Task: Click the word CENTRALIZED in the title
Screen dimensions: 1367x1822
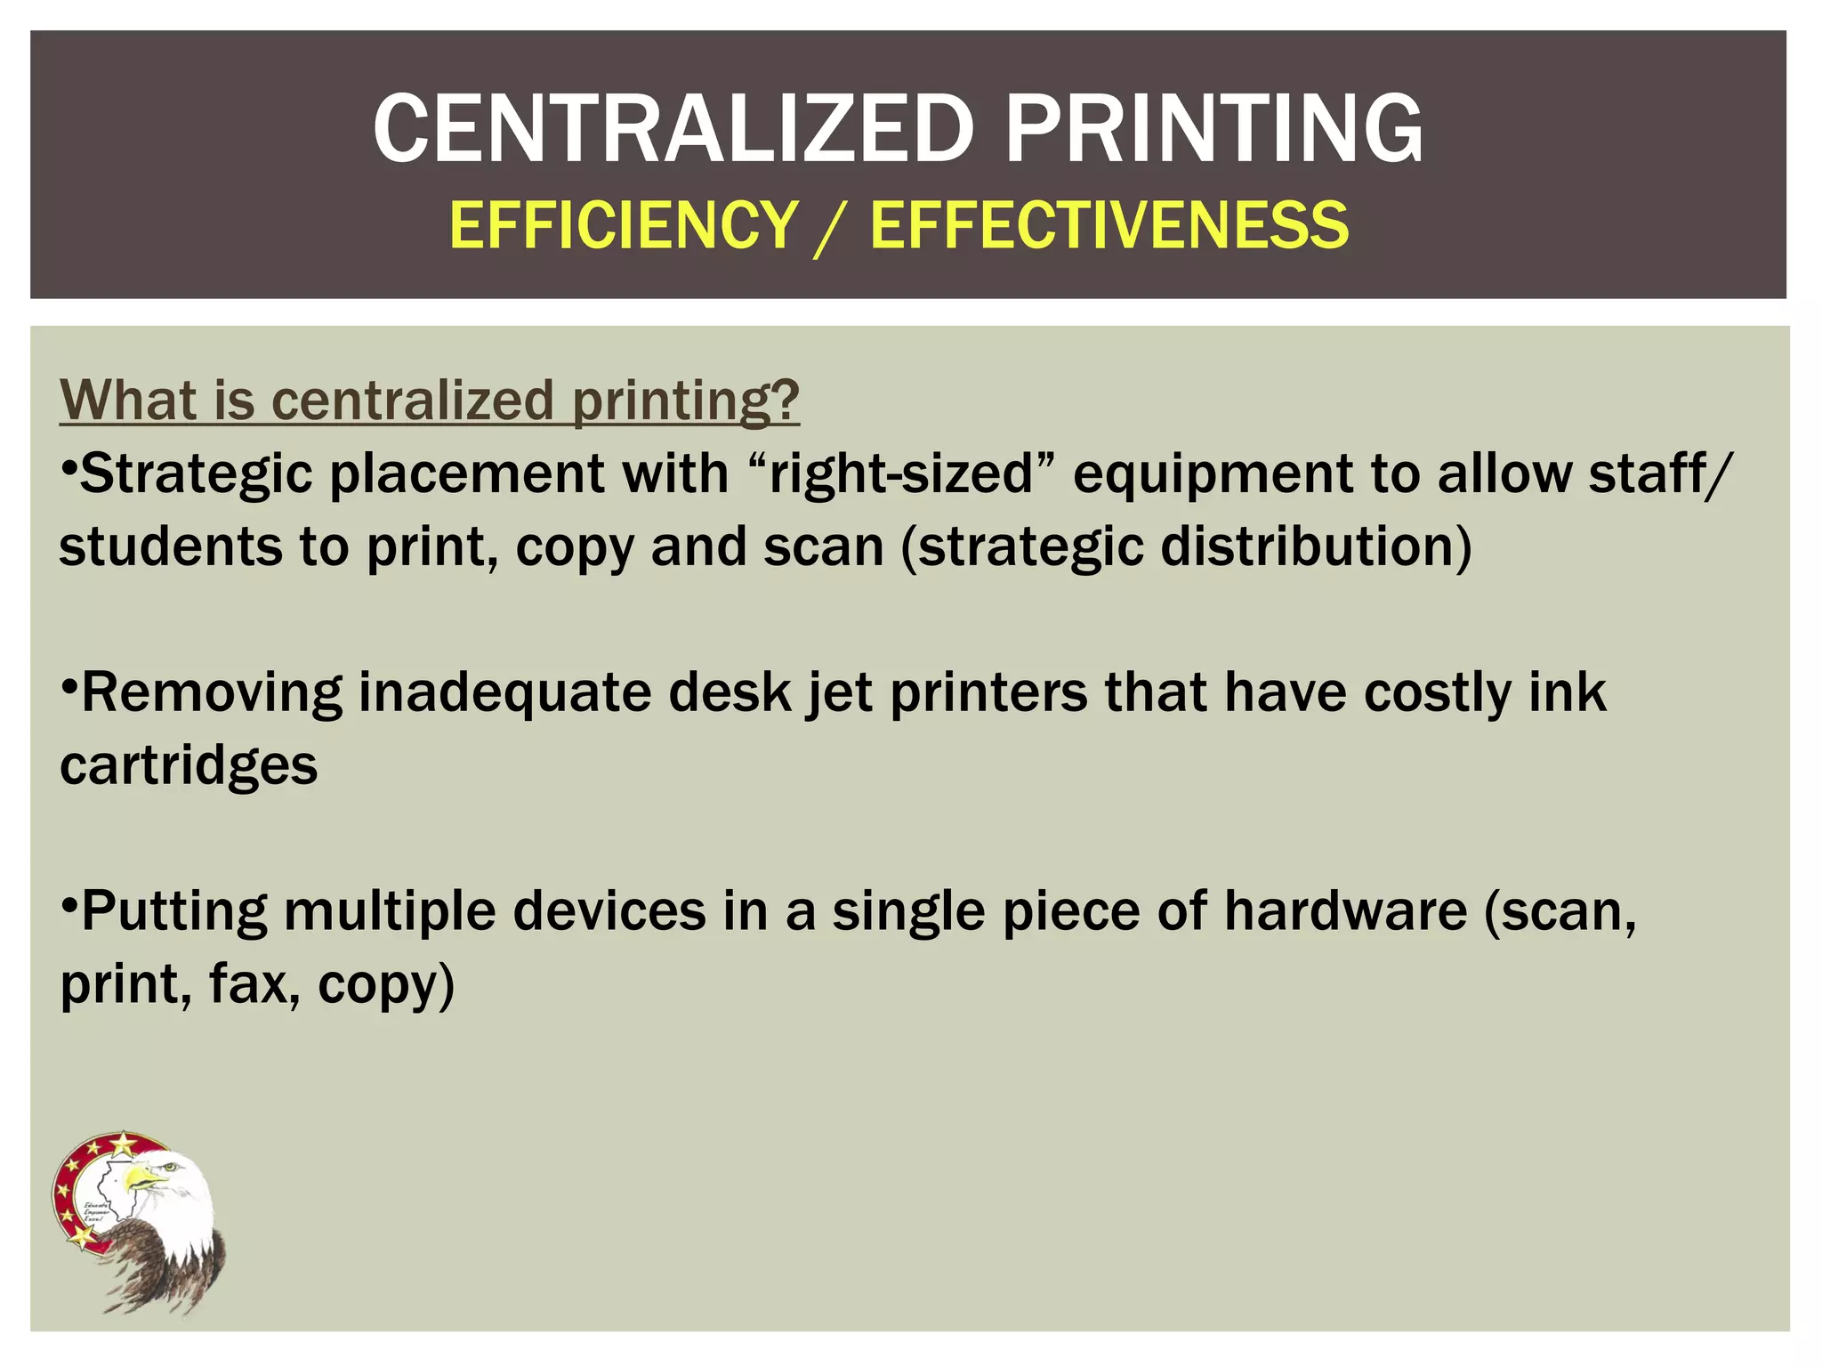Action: pos(673,130)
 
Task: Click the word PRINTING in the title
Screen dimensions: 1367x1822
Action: pos(1213,130)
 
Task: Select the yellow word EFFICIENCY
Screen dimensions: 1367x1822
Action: pos(624,225)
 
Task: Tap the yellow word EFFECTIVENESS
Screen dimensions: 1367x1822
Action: pos(1109,225)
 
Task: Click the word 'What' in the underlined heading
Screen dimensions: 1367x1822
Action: pos(127,400)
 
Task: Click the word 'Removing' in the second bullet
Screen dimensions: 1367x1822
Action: pos(212,692)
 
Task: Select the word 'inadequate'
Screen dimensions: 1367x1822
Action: pos(504,692)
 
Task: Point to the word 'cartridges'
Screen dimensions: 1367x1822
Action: pos(189,765)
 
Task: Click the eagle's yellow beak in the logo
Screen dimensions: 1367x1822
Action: pos(142,1180)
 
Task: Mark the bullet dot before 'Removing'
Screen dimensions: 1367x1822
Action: pos(69,688)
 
